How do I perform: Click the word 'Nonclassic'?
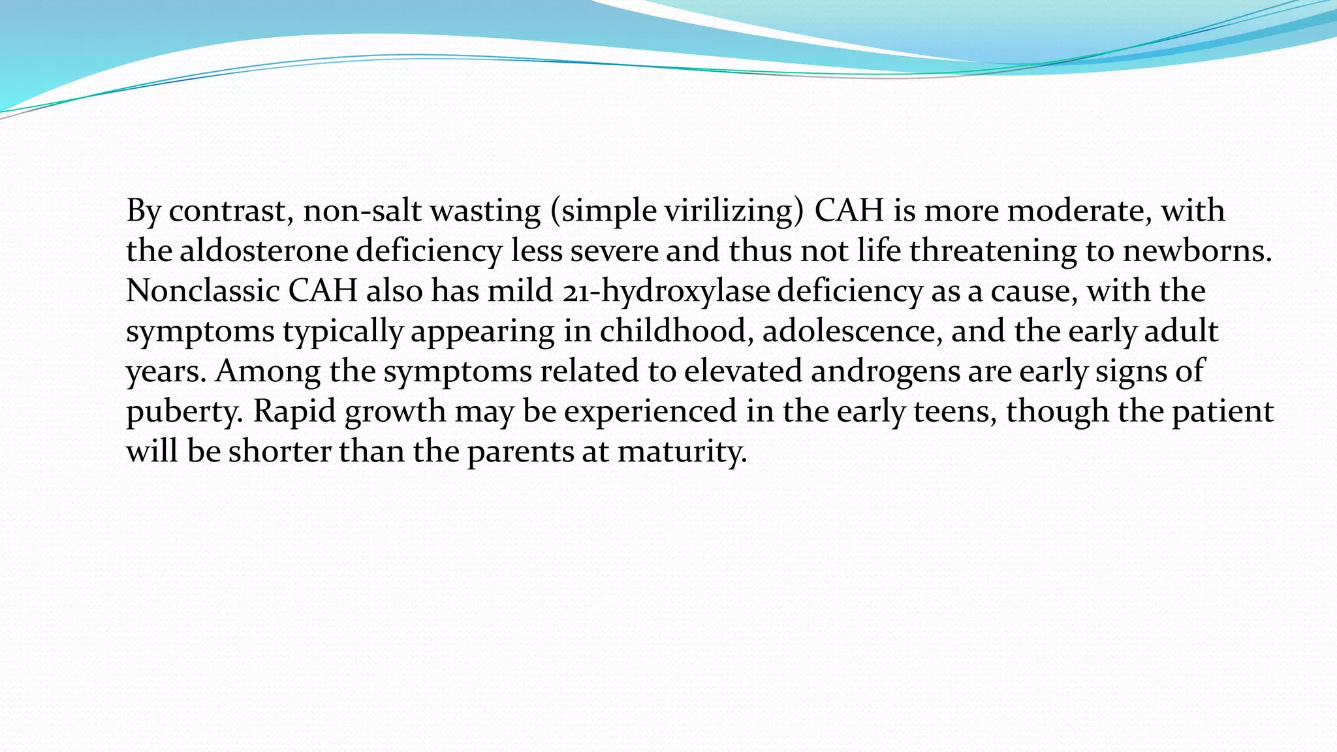[202, 291]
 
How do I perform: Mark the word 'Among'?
[268, 371]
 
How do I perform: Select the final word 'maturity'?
[682, 452]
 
